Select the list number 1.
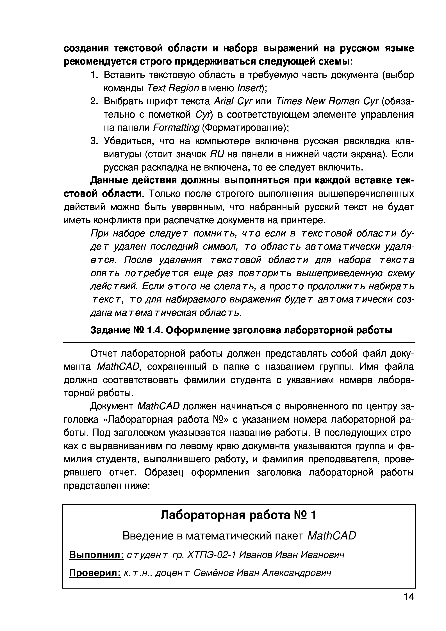[x=94, y=75]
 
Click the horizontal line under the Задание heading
[x=239, y=343]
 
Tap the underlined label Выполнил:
[x=96, y=555]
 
